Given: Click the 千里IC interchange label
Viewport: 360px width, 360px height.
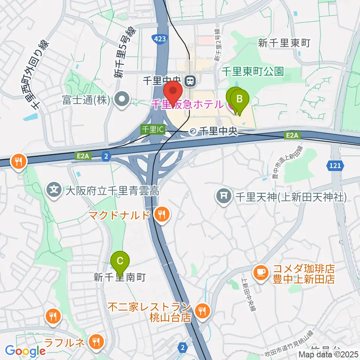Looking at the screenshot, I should (x=153, y=129).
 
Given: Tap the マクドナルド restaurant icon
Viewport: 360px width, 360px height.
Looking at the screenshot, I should (x=162, y=215).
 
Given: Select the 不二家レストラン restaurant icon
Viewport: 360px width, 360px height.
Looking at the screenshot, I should (x=202, y=310).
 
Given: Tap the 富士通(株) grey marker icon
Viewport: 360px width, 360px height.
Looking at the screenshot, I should (x=122, y=100).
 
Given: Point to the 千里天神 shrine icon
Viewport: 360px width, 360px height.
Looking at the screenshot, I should (x=224, y=195).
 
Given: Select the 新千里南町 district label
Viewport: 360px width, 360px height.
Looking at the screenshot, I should (x=119, y=277).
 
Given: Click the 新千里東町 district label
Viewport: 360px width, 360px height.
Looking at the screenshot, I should (x=284, y=43).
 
